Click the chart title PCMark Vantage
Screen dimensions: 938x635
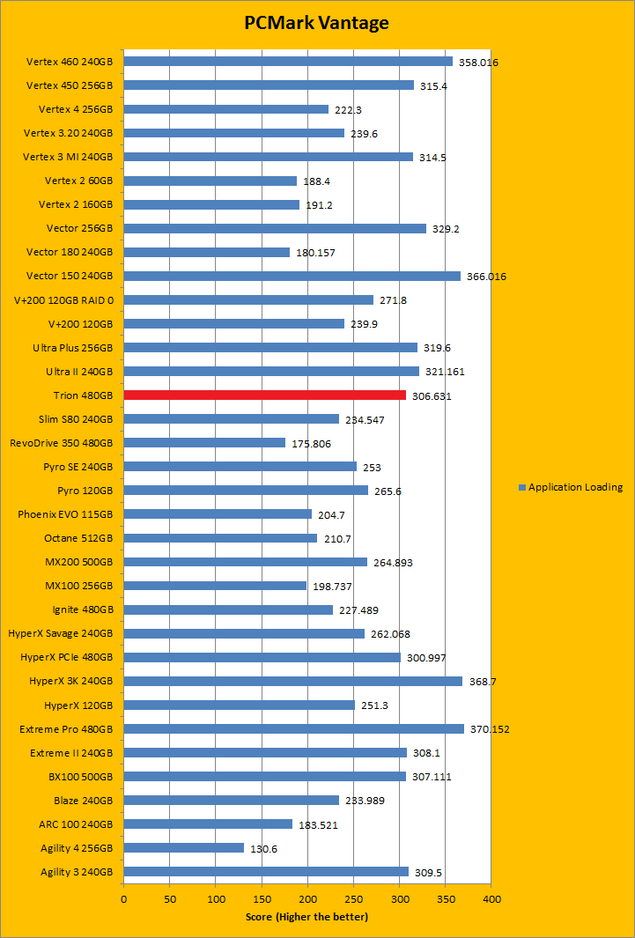tap(317, 23)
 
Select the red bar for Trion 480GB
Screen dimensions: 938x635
tap(264, 395)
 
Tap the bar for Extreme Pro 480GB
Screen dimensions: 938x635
tap(293, 728)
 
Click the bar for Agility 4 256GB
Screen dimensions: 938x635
tap(183, 847)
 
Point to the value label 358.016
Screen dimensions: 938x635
tap(477, 63)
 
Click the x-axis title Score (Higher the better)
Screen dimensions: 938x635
tap(306, 917)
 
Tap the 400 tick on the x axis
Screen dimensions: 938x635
tap(491, 899)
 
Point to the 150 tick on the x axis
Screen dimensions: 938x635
tap(262, 899)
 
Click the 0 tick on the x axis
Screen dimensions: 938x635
tap(123, 899)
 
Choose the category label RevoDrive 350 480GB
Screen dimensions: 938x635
tap(62, 443)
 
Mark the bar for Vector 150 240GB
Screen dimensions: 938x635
tap(292, 276)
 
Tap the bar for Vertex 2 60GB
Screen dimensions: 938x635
tap(210, 181)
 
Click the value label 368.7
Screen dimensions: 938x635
tap(483, 682)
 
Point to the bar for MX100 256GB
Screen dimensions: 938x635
tap(215, 586)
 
